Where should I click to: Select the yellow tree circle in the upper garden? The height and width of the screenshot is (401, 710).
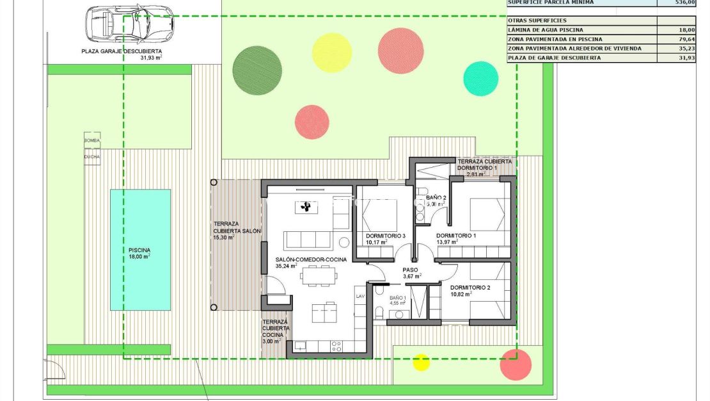(x=332, y=53)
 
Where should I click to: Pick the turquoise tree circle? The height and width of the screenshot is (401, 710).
(x=480, y=78)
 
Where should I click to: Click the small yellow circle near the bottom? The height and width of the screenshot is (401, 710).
(x=421, y=362)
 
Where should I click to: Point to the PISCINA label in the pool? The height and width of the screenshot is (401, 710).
(x=139, y=250)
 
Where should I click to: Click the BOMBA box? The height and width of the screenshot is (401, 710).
(x=92, y=140)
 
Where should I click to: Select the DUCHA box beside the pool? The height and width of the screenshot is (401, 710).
(x=92, y=156)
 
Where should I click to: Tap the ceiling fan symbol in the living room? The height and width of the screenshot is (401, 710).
(x=306, y=207)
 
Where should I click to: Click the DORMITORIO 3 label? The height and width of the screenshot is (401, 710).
(x=386, y=236)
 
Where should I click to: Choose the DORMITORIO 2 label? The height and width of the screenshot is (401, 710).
(x=469, y=288)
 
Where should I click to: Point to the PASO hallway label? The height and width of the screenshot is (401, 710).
(x=410, y=270)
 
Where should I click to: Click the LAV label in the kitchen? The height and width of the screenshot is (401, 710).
(x=360, y=296)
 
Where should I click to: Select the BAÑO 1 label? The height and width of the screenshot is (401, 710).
(x=398, y=298)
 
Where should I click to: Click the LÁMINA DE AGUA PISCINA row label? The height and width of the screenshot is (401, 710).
(x=545, y=29)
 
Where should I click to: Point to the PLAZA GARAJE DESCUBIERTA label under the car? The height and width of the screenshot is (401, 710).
(x=122, y=51)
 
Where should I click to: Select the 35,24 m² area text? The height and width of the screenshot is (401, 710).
(x=286, y=266)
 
